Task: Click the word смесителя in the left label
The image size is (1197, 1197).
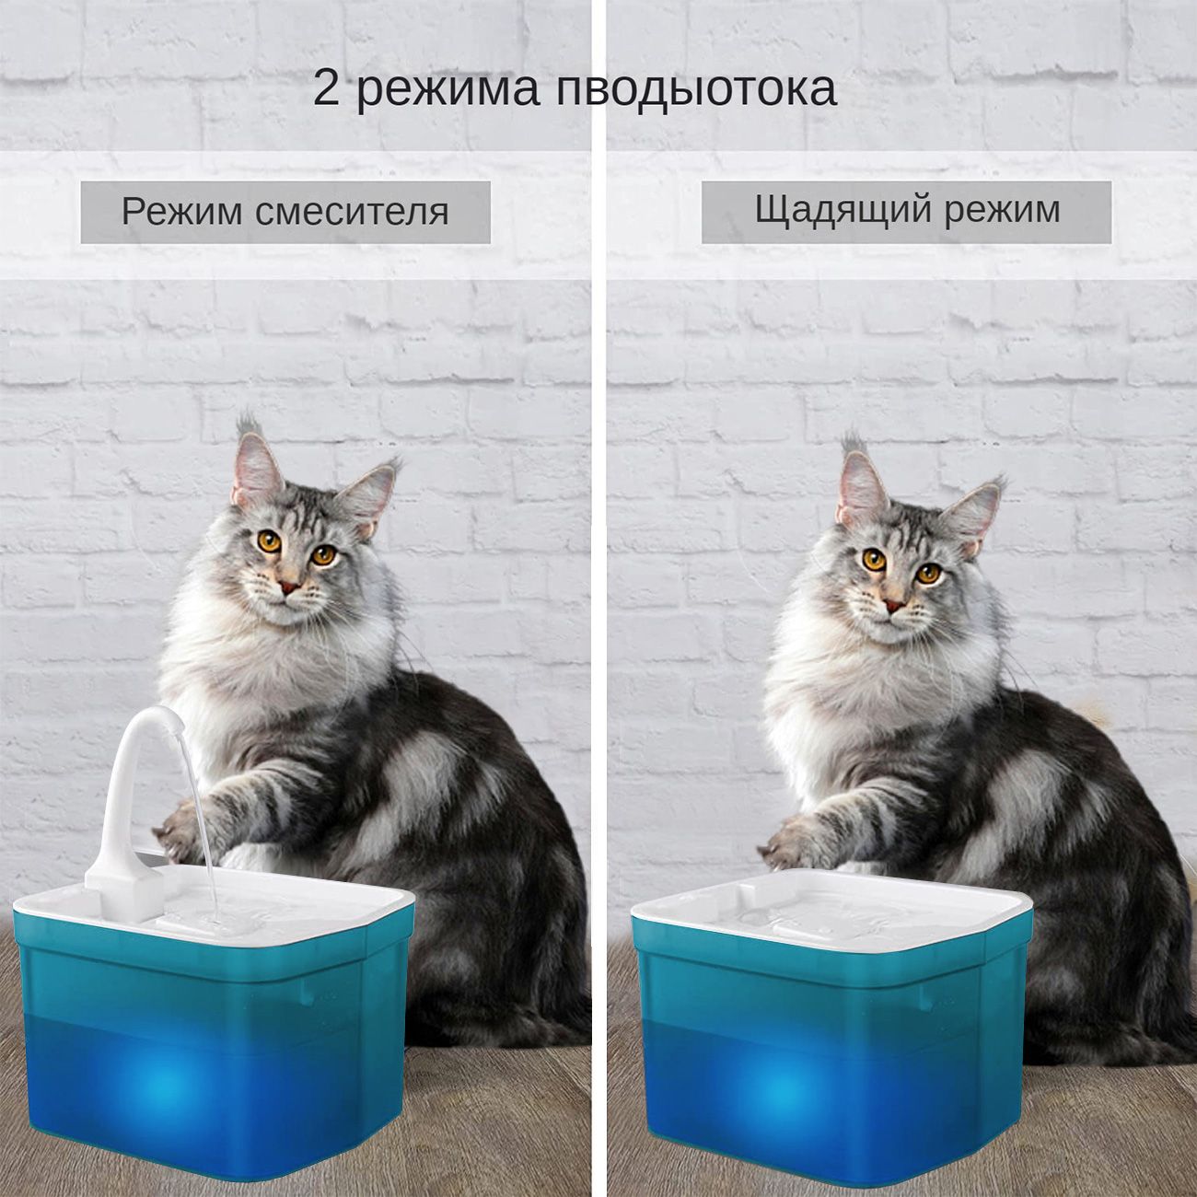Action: coord(352,212)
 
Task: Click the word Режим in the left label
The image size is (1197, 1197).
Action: coord(181,211)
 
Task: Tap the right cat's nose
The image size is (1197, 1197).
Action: coord(893,604)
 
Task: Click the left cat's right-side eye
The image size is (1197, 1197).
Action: coord(323,554)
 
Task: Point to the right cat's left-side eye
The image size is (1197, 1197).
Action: coord(874,561)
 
